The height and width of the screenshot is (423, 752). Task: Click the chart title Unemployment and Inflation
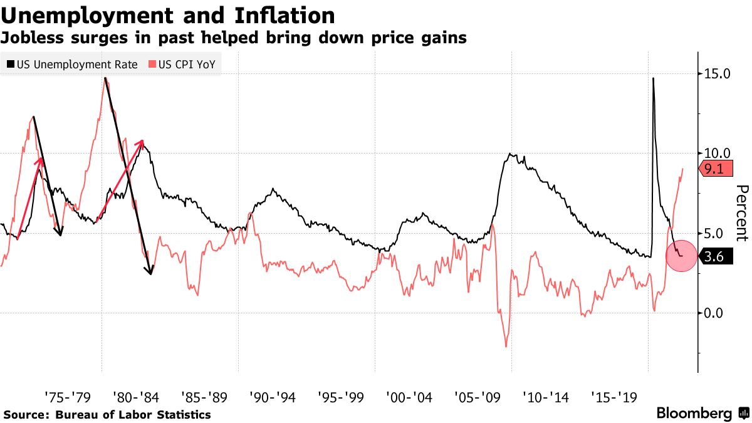(167, 15)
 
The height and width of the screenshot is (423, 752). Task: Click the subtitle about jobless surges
(233, 38)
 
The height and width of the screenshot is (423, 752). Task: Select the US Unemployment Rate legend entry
(71, 65)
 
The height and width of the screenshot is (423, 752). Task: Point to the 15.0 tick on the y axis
(718, 74)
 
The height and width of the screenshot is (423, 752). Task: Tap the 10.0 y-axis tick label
(718, 154)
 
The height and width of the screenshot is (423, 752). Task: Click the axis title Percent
(742, 213)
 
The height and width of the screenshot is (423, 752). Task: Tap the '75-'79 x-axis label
(68, 397)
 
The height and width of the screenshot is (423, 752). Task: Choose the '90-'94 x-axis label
(272, 397)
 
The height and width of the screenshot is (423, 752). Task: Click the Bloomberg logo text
(694, 414)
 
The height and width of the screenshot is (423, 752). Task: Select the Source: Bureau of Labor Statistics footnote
(107, 415)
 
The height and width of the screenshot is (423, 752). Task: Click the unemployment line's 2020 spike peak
(654, 78)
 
